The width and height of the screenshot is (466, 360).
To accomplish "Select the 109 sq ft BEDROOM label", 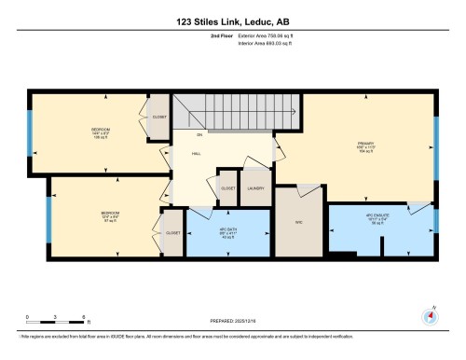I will tap(102, 132).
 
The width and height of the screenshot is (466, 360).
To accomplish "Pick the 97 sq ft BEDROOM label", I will tap(109, 217).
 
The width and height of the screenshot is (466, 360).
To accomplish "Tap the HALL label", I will tap(198, 154).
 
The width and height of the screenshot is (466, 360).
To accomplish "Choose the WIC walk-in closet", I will tap(299, 222).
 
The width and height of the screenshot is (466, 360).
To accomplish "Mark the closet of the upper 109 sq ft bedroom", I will tap(159, 118).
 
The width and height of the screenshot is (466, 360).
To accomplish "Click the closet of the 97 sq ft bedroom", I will tap(172, 232).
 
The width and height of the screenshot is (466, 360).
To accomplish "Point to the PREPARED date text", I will tap(232, 321).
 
